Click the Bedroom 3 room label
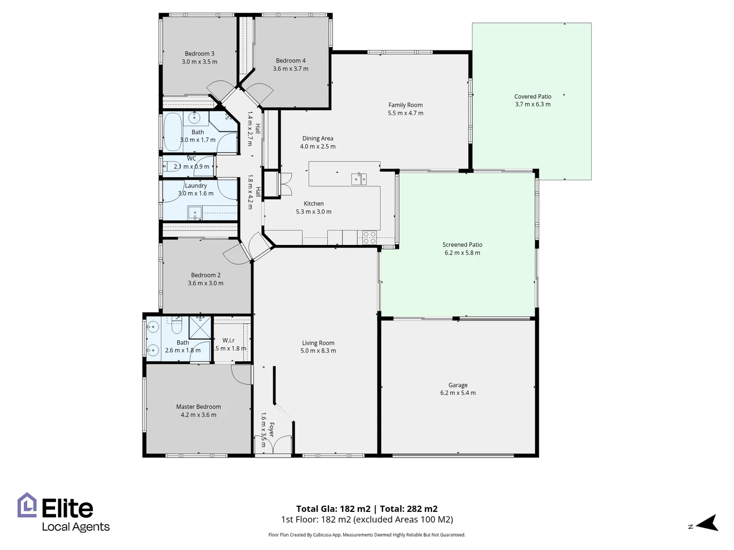click(x=199, y=53)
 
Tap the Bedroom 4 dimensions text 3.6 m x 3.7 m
click(x=291, y=69)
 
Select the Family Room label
click(x=405, y=105)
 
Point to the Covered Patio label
click(x=533, y=96)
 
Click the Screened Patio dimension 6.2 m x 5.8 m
click(x=462, y=253)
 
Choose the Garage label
click(x=458, y=385)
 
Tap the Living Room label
click(x=318, y=343)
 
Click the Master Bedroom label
click(x=198, y=406)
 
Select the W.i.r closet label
click(x=228, y=340)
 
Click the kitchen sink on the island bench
click(x=359, y=179)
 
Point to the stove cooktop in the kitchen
click(x=370, y=237)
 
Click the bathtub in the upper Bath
click(x=172, y=132)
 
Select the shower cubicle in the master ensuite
click(x=200, y=327)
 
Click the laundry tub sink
click(x=194, y=213)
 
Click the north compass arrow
click(x=707, y=524)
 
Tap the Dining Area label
click(x=318, y=138)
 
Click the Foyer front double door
click(x=273, y=445)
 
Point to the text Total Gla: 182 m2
click(x=333, y=508)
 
